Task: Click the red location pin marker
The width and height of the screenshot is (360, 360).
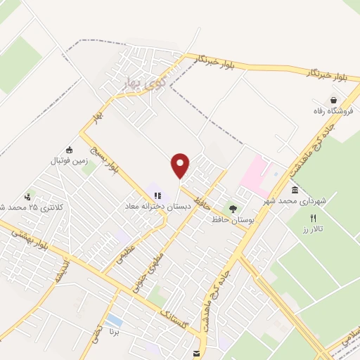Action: (x=181, y=166)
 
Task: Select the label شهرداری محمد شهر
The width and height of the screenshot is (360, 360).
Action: (x=296, y=201)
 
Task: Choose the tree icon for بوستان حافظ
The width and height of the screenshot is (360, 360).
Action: (x=233, y=209)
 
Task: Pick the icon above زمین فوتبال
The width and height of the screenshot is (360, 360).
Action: (x=69, y=150)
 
